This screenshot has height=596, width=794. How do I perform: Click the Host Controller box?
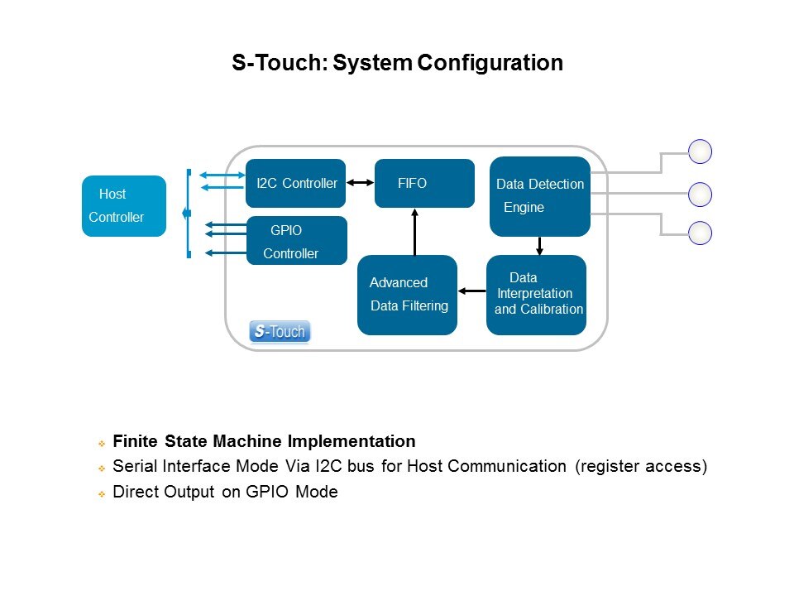(x=123, y=206)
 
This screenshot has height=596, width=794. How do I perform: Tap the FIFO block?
(x=424, y=183)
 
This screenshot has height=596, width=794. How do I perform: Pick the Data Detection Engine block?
(x=539, y=196)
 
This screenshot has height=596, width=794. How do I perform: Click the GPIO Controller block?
(x=296, y=241)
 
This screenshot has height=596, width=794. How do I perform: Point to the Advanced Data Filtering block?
(x=407, y=295)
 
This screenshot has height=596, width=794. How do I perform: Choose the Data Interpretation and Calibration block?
(x=536, y=295)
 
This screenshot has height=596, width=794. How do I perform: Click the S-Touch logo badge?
(x=280, y=332)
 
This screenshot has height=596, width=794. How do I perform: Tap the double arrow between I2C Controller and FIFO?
(x=360, y=183)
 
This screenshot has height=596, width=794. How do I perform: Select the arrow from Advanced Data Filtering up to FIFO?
(x=415, y=231)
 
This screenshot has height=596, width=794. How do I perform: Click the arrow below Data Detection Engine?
(x=539, y=246)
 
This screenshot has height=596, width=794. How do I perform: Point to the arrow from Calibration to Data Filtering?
(x=472, y=291)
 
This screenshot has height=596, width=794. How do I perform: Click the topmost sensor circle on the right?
(x=701, y=151)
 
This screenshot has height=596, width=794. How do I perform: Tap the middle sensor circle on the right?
(x=701, y=195)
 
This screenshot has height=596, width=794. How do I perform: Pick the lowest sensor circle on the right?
(x=701, y=233)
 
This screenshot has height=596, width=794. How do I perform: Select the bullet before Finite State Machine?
(x=101, y=442)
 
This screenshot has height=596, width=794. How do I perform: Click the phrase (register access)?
(x=641, y=467)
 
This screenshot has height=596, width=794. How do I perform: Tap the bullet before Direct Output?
(x=101, y=493)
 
